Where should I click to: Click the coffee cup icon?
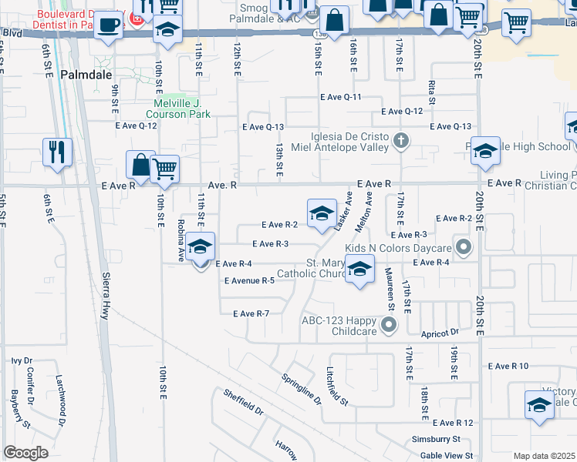(x=108, y=24)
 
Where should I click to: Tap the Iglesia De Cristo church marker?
(x=400, y=140)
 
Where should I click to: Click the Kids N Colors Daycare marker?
(x=463, y=248)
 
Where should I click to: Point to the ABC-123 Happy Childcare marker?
(x=388, y=325)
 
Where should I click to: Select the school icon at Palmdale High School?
(x=485, y=152)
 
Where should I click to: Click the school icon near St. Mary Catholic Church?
(x=359, y=269)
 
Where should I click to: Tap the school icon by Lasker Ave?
(x=321, y=213)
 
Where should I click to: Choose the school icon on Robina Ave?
(x=201, y=247)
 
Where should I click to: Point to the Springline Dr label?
(x=300, y=389)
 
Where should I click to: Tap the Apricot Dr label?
(x=440, y=333)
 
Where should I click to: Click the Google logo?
(x=25, y=453)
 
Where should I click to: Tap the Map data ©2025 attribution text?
(x=544, y=456)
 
